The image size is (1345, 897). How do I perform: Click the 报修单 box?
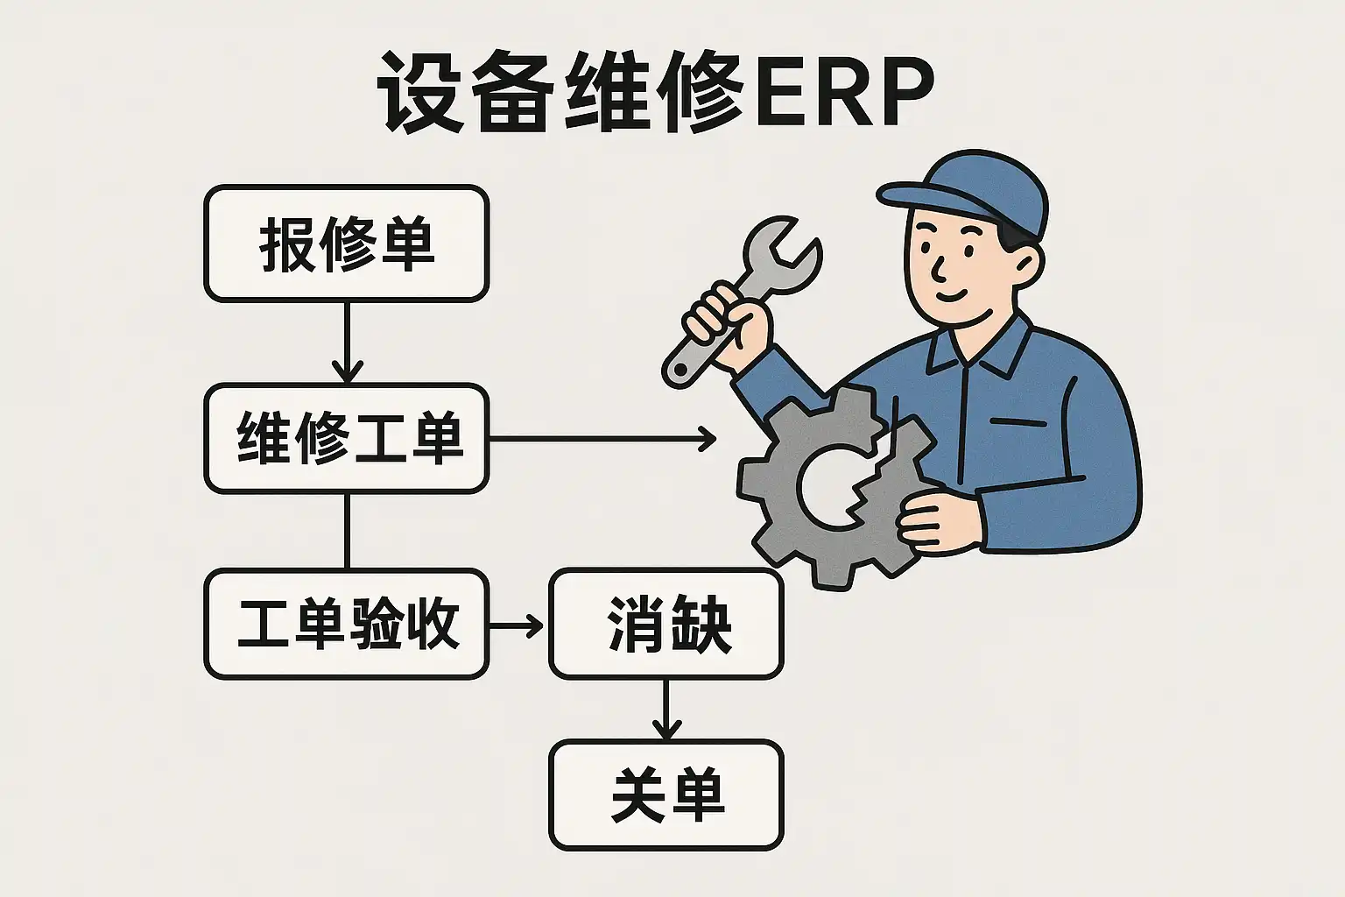coord(347,244)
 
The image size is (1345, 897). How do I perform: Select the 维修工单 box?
coord(347,439)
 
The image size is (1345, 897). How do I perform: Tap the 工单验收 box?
coord(347,625)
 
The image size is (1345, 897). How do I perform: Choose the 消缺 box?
coord(665,625)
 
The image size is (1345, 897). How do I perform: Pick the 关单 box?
coord(665,795)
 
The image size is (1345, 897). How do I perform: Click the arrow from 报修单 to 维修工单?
coord(347,343)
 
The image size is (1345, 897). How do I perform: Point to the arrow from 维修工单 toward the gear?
coord(602,439)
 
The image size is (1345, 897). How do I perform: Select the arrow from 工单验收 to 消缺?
coord(517,625)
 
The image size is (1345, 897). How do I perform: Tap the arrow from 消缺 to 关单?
coord(665,710)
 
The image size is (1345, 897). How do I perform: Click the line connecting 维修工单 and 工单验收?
coord(347,531)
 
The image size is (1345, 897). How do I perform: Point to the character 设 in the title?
coord(421,92)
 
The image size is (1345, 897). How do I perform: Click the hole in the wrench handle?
coord(680,368)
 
